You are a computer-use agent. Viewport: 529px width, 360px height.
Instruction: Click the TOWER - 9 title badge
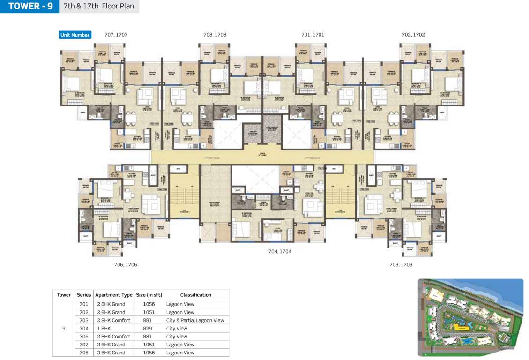pyautogui.click(x=30, y=7)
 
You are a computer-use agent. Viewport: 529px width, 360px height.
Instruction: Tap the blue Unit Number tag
pyautogui.click(x=75, y=35)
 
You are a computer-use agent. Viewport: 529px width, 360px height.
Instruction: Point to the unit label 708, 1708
pyautogui.click(x=215, y=35)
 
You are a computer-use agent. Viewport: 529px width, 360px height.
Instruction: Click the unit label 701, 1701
pyautogui.click(x=313, y=35)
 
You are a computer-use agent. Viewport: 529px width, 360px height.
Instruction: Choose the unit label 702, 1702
pyautogui.click(x=413, y=35)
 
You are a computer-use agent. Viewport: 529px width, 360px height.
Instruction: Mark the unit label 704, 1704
pyautogui.click(x=280, y=252)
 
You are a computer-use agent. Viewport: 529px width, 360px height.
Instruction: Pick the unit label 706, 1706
pyautogui.click(x=126, y=265)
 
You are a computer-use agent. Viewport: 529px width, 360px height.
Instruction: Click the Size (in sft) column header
pyautogui.click(x=149, y=295)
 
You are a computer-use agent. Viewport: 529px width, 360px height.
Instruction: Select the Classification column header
pyautogui.click(x=196, y=295)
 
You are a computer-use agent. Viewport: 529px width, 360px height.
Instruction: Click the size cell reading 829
pyautogui.click(x=149, y=329)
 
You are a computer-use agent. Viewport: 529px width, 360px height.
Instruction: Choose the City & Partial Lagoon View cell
pyautogui.click(x=195, y=321)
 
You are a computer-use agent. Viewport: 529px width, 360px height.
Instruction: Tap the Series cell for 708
pyautogui.click(x=84, y=353)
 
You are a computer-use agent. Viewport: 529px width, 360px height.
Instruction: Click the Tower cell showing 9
pyautogui.click(x=64, y=329)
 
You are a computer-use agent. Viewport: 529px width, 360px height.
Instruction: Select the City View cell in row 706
pyautogui.click(x=177, y=337)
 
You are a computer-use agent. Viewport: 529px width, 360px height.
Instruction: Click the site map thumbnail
pyautogui.click(x=470, y=318)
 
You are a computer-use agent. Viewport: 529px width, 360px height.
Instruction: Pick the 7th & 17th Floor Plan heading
pyautogui.click(x=99, y=7)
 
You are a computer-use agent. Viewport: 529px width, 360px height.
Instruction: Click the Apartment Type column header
pyautogui.click(x=114, y=295)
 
